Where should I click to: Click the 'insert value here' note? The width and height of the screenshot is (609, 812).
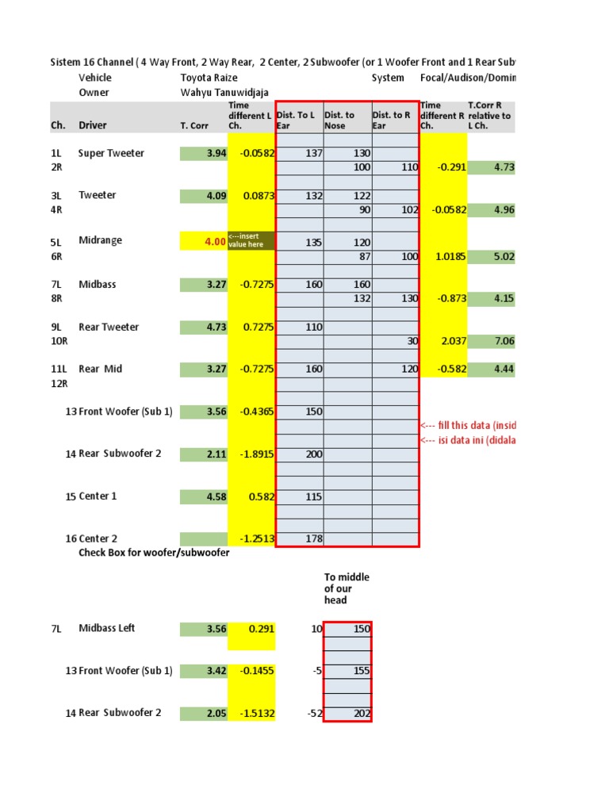tap(251, 240)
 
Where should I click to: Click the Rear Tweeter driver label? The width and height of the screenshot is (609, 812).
tap(108, 327)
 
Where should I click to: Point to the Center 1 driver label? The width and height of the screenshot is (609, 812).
tap(98, 496)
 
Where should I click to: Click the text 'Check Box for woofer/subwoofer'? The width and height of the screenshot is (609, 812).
tap(154, 553)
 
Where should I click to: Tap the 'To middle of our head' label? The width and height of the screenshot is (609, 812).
tap(347, 588)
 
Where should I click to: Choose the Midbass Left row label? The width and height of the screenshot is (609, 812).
tap(107, 628)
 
